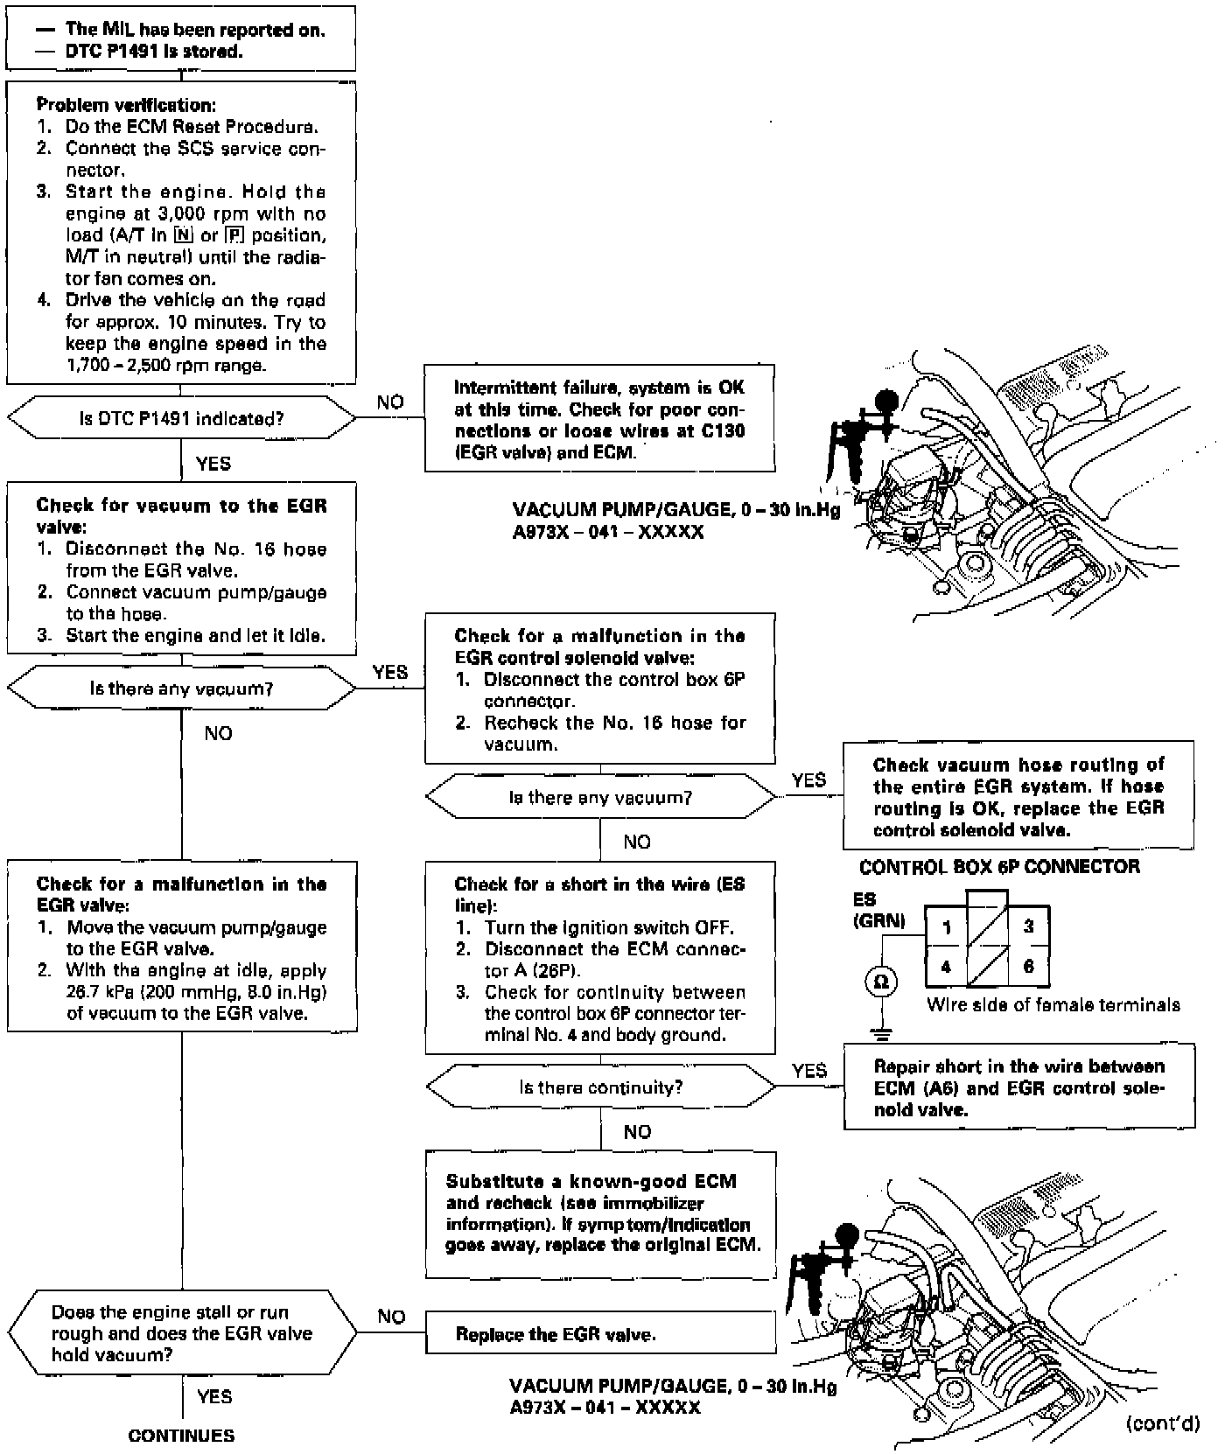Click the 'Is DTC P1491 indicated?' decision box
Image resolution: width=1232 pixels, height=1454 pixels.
[181, 418]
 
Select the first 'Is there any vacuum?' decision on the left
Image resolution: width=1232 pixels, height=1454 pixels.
[181, 689]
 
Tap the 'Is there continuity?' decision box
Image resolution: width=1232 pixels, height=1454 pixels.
[600, 1087]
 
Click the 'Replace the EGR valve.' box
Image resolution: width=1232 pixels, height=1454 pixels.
[600, 1334]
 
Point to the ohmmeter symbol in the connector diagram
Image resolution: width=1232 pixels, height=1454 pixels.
[881, 982]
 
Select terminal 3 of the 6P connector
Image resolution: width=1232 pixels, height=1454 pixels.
[1029, 926]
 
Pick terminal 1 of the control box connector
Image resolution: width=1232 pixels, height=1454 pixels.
[946, 926]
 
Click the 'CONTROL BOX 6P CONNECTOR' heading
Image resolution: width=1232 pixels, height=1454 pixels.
[999, 867]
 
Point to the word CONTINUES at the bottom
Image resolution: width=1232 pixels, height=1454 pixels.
[181, 1436]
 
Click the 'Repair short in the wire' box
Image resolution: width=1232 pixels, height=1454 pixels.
[1019, 1087]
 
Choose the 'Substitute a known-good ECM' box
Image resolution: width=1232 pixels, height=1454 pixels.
[600, 1213]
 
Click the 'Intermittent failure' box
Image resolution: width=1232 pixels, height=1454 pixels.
[599, 419]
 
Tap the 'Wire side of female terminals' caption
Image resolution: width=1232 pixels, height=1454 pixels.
[1053, 1005]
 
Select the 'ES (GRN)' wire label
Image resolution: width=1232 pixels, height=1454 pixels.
[878, 910]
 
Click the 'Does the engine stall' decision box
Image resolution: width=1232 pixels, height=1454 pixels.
[181, 1333]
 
